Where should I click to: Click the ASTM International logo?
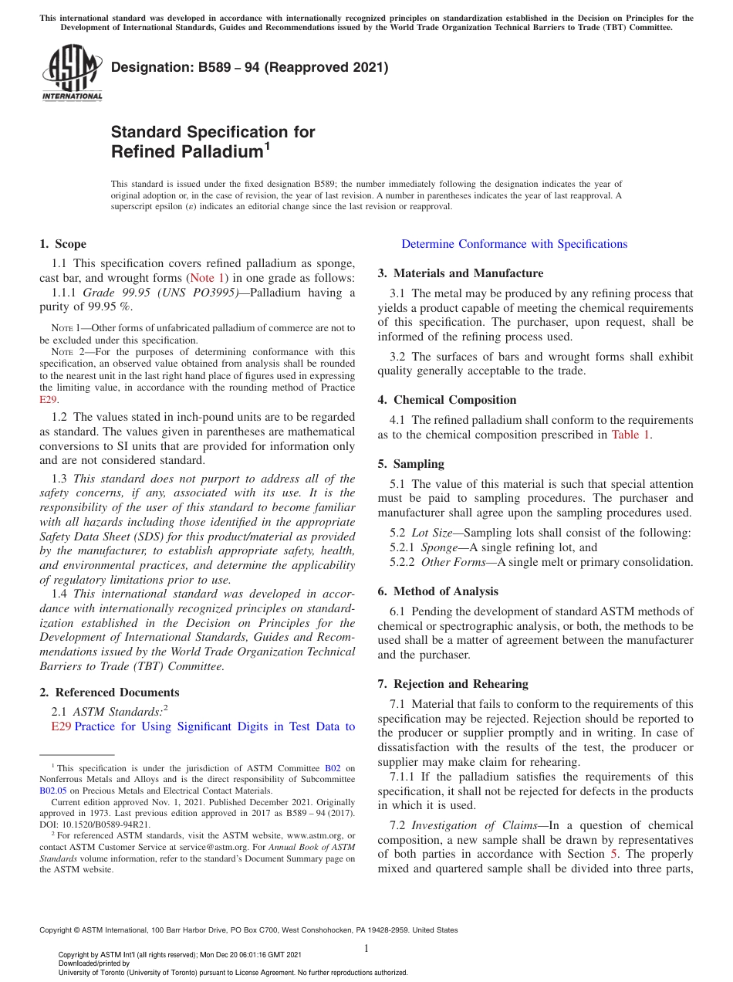(x=72, y=73)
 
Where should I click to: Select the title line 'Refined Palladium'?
(x=187, y=152)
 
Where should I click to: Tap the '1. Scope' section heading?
(x=62, y=244)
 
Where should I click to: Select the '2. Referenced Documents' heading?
(x=109, y=692)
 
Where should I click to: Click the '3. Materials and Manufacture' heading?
(x=460, y=273)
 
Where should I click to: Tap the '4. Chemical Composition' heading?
(x=447, y=400)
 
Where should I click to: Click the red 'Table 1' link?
(x=630, y=435)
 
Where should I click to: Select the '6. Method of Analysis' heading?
(x=437, y=591)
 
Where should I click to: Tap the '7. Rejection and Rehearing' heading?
(x=453, y=684)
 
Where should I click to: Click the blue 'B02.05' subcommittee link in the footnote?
(x=52, y=791)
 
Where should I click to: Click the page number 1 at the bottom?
(x=366, y=948)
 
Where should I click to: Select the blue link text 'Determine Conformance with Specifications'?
(x=514, y=244)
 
